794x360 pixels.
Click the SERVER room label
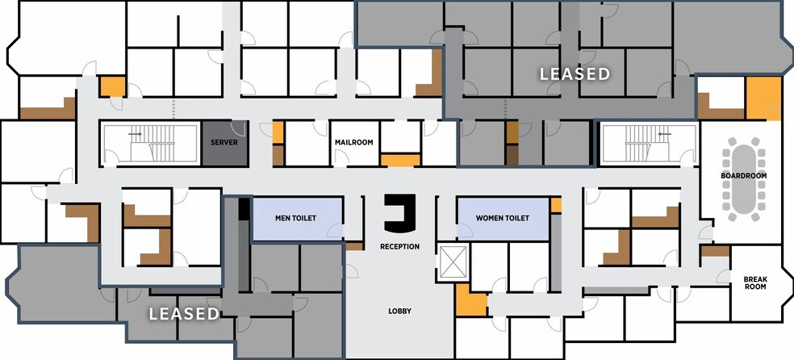click(x=224, y=143)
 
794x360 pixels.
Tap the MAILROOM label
click(x=354, y=143)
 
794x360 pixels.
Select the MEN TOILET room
click(x=295, y=219)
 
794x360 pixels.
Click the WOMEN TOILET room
click(x=502, y=219)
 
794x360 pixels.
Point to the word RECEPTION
click(x=399, y=246)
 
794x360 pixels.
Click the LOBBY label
click(x=399, y=310)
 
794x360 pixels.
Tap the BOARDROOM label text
click(x=744, y=176)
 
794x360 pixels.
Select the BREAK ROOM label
click(x=754, y=283)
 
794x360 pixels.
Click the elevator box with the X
click(x=448, y=262)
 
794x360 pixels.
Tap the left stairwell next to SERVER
click(x=148, y=144)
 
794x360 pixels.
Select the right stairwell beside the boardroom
click(x=646, y=144)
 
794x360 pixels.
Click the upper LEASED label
click(x=575, y=74)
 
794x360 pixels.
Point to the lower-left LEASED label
click(x=184, y=313)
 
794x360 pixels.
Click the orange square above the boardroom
click(x=763, y=98)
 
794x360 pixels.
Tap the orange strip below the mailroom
click(x=400, y=161)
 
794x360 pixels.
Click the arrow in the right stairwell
click(x=664, y=134)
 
